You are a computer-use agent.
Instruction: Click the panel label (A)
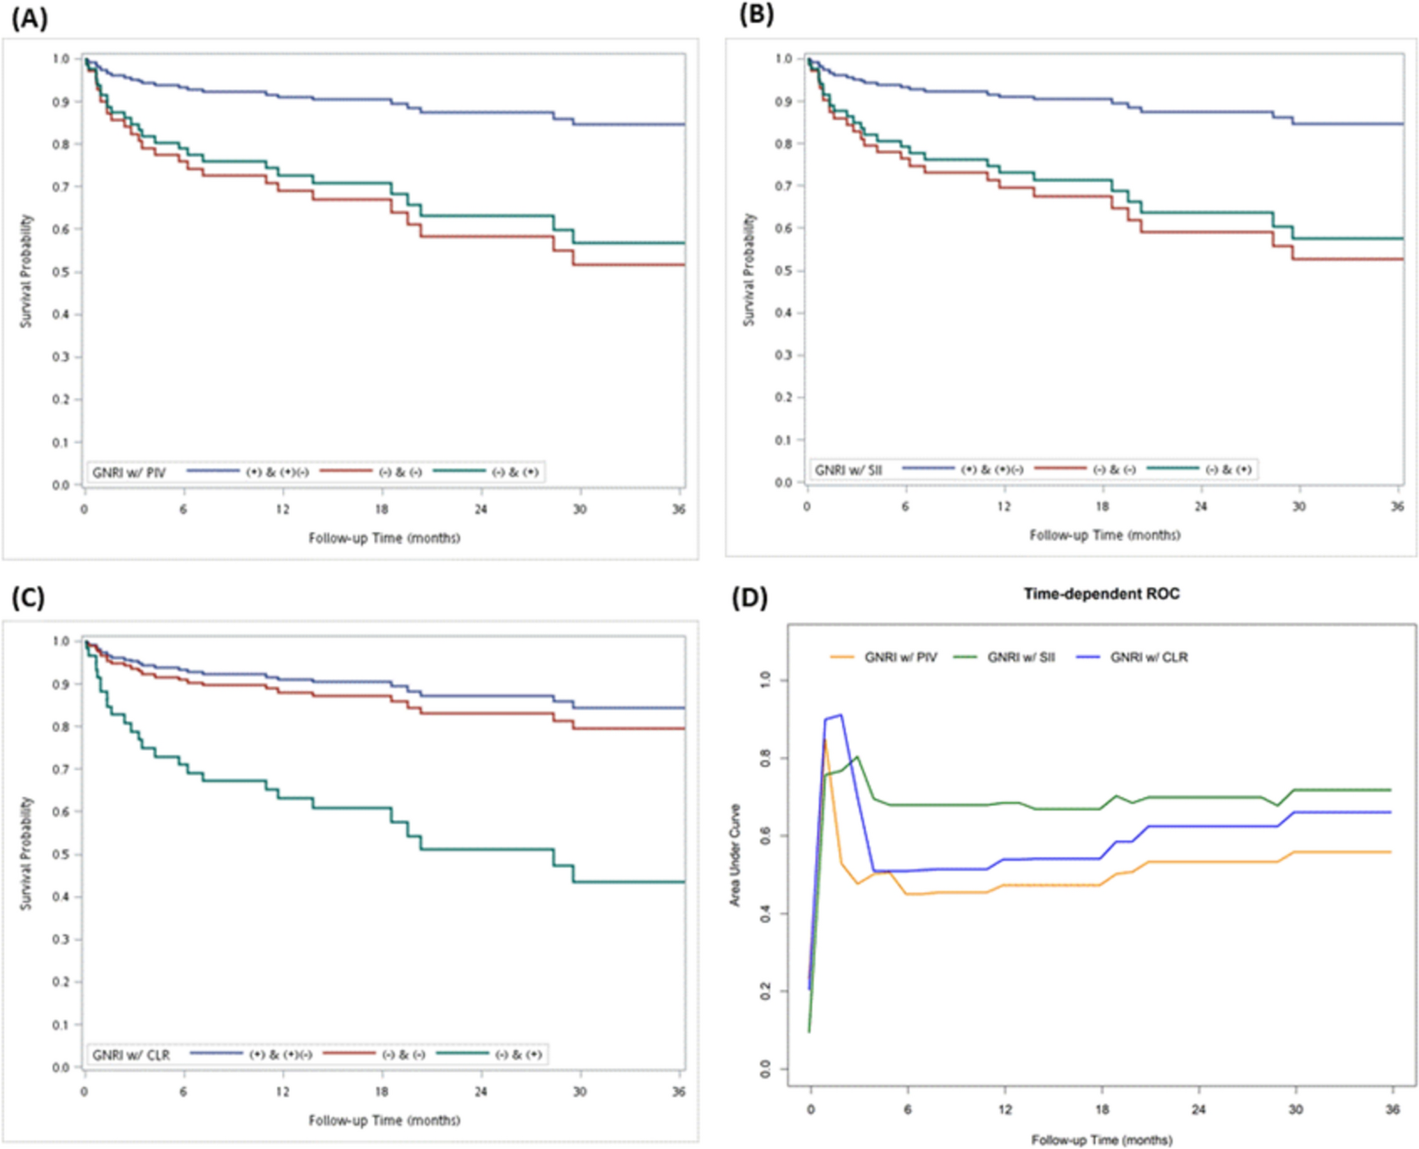(x=29, y=17)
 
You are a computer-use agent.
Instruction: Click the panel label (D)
(x=749, y=598)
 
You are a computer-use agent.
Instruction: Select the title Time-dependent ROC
(x=1102, y=594)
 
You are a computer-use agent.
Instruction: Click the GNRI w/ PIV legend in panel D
(x=900, y=657)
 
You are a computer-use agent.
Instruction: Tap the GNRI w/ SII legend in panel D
(x=1021, y=657)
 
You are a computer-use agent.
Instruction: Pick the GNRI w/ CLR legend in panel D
(x=1148, y=657)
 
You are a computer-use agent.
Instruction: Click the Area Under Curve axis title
(x=735, y=855)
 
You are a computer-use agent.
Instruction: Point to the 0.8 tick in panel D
(x=766, y=758)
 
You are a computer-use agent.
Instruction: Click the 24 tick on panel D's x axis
(x=1199, y=1109)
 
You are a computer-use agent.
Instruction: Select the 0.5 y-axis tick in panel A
(x=61, y=272)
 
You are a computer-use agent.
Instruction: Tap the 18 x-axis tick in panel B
(x=1102, y=506)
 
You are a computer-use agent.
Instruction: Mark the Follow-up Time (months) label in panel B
(x=1105, y=535)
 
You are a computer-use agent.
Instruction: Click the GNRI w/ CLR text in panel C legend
(x=130, y=1056)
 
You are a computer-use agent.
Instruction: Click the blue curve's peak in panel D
(x=841, y=715)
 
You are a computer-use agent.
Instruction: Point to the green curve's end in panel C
(x=684, y=882)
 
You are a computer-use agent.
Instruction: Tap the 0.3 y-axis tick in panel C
(x=61, y=940)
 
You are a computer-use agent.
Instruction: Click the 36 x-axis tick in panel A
(x=678, y=510)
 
